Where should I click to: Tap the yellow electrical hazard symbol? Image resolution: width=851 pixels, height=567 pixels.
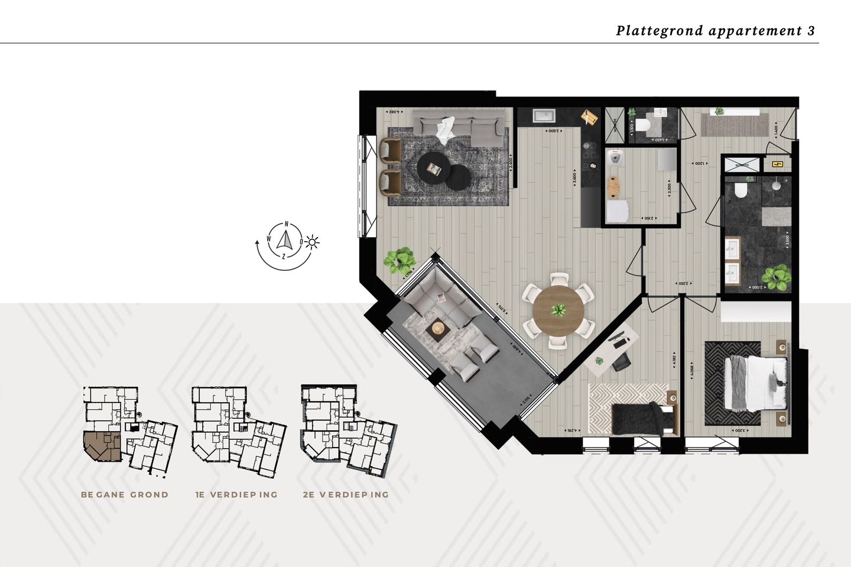(777, 164)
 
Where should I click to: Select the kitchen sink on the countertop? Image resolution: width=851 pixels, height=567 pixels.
(543, 116)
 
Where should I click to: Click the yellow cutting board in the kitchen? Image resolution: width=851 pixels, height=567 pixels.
(589, 116)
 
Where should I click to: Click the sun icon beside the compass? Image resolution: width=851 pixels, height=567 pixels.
(312, 242)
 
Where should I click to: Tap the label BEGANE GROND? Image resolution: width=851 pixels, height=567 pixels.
(125, 494)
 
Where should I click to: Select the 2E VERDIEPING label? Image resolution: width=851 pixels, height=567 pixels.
(346, 494)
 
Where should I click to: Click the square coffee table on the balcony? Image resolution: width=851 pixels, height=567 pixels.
(438, 328)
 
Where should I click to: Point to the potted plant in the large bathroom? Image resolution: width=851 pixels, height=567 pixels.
(775, 276)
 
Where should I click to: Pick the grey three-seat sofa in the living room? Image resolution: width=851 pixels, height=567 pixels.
(460, 125)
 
